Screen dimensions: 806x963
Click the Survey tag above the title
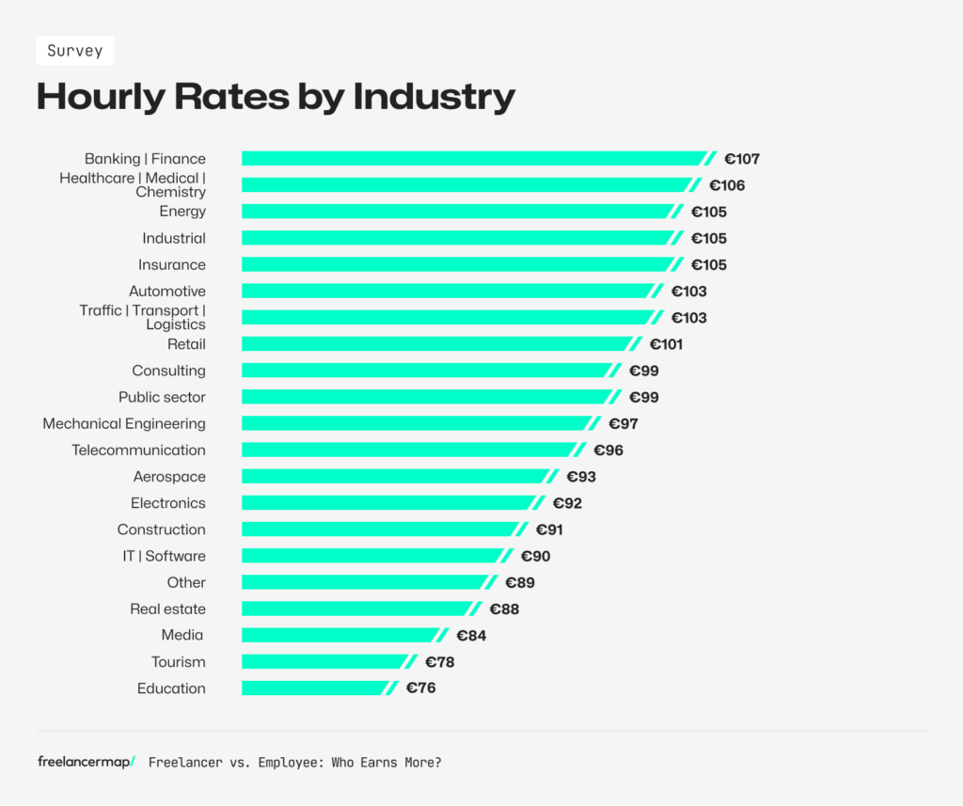point(75,51)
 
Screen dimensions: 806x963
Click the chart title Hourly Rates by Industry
point(276,97)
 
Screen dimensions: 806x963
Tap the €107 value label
point(741,159)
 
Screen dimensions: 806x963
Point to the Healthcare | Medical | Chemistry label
point(133,185)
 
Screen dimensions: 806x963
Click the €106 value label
point(726,185)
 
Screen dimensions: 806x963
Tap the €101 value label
point(666,344)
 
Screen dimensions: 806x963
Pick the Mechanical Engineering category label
point(124,424)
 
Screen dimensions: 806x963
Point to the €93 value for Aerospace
point(580,477)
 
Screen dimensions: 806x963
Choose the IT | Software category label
point(164,556)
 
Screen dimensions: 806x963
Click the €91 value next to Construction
point(549,529)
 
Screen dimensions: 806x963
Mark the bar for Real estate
point(356,609)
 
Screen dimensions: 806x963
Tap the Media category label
point(182,636)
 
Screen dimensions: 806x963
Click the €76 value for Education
point(420,688)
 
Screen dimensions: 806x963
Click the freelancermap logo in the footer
point(86,762)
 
